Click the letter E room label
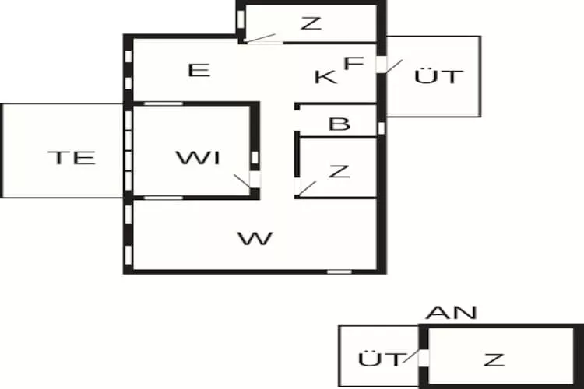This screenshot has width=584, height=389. point(200,70)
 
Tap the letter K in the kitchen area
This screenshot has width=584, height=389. point(325,76)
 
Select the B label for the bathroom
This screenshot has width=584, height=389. point(339,124)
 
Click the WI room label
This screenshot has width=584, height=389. point(198,159)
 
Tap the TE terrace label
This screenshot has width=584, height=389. point(71,158)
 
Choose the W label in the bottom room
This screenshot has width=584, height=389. point(255,238)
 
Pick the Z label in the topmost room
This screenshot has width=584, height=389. point(311,23)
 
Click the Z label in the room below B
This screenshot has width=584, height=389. point(339,171)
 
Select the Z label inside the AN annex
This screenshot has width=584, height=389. point(493,359)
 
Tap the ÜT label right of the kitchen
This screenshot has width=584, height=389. point(439,76)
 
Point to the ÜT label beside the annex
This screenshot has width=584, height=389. point(382,359)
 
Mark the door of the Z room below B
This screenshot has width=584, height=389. point(305,187)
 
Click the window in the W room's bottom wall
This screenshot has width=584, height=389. point(339,271)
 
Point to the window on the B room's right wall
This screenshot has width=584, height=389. point(382,127)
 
